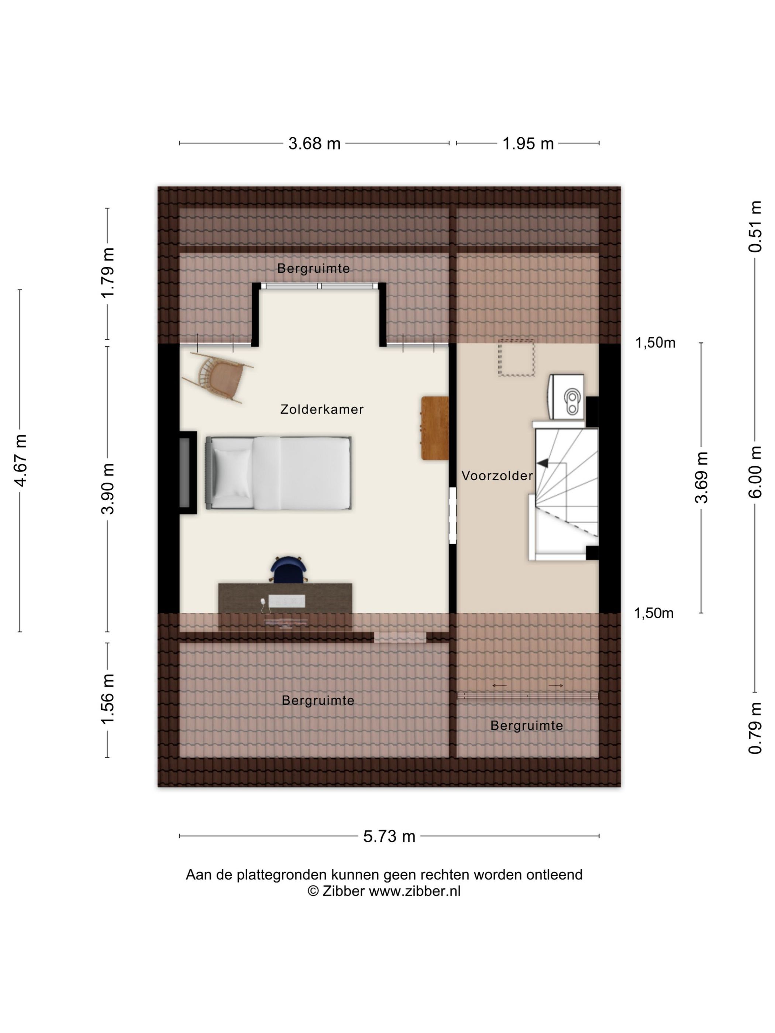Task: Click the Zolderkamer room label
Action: (321, 409)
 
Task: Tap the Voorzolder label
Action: (497, 476)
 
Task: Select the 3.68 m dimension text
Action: (314, 144)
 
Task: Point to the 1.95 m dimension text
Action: (528, 144)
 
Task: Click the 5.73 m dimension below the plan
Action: (389, 836)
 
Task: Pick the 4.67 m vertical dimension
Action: (21, 460)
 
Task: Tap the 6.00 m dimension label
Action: (755, 471)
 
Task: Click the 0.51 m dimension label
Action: (755, 227)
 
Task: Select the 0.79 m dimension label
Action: (755, 728)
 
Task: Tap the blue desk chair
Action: (289, 570)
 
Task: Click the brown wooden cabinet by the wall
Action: (435, 428)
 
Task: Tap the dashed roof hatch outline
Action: (517, 358)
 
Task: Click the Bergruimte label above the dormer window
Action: (313, 269)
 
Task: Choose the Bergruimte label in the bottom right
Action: (527, 725)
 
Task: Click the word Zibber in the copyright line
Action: (343, 891)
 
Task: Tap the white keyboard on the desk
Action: (287, 601)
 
